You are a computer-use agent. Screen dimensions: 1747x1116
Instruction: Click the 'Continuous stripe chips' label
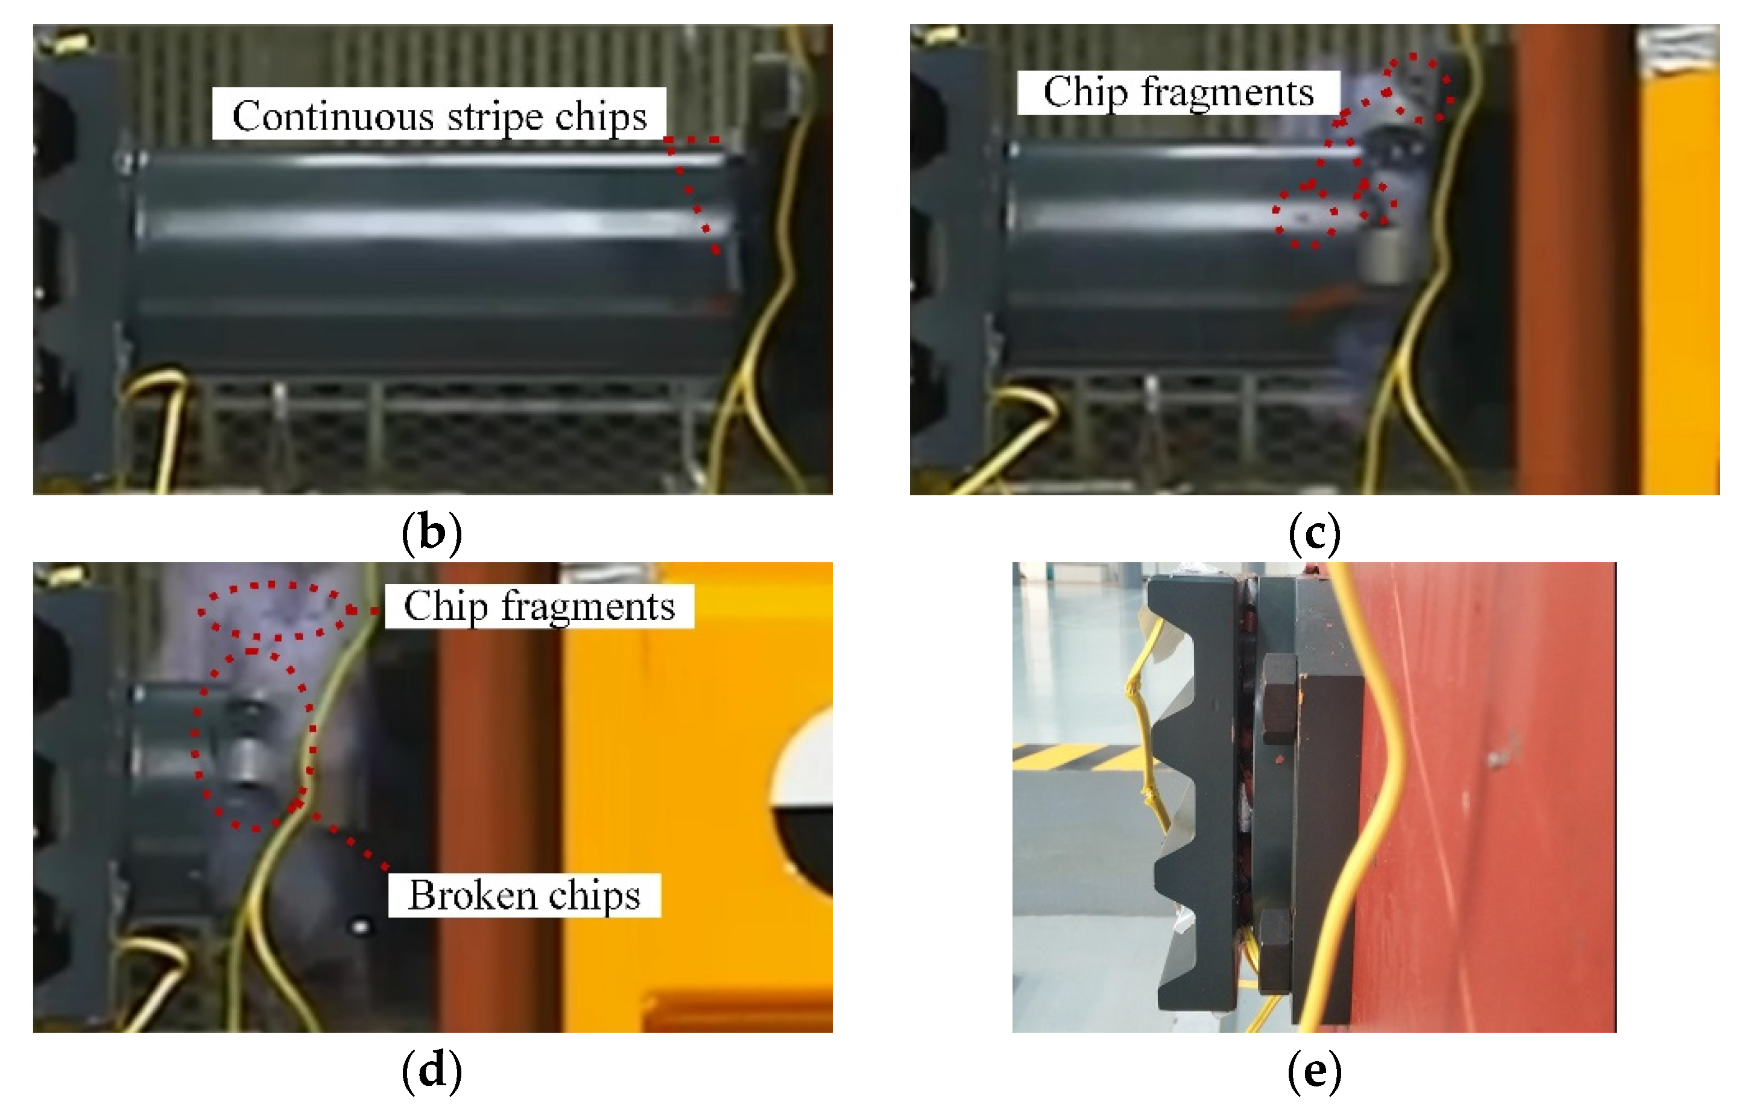pos(439,114)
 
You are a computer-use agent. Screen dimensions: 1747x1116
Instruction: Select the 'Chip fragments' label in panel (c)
pos(1178,92)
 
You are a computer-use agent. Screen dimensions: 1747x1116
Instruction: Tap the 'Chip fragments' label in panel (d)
pos(539,606)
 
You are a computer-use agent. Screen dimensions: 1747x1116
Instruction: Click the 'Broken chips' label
pos(524,895)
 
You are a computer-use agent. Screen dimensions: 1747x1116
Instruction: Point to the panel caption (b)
pos(432,533)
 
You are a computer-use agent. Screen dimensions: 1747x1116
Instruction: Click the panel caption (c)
pos(1314,533)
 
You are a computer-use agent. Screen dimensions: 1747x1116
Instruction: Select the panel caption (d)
pos(432,1072)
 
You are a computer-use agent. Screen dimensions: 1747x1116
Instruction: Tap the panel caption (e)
pos(1314,1072)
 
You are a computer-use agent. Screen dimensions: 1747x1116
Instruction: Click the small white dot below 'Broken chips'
pos(361,927)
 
